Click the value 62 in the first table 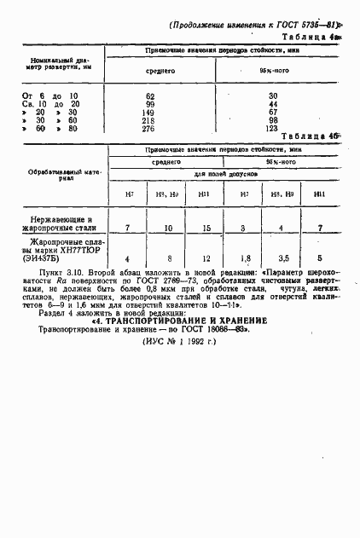tap(150, 95)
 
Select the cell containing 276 tap(149, 128)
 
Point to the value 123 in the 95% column tap(273, 128)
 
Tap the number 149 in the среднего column tap(149, 112)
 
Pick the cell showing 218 tap(149, 120)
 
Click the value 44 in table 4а tap(273, 104)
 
